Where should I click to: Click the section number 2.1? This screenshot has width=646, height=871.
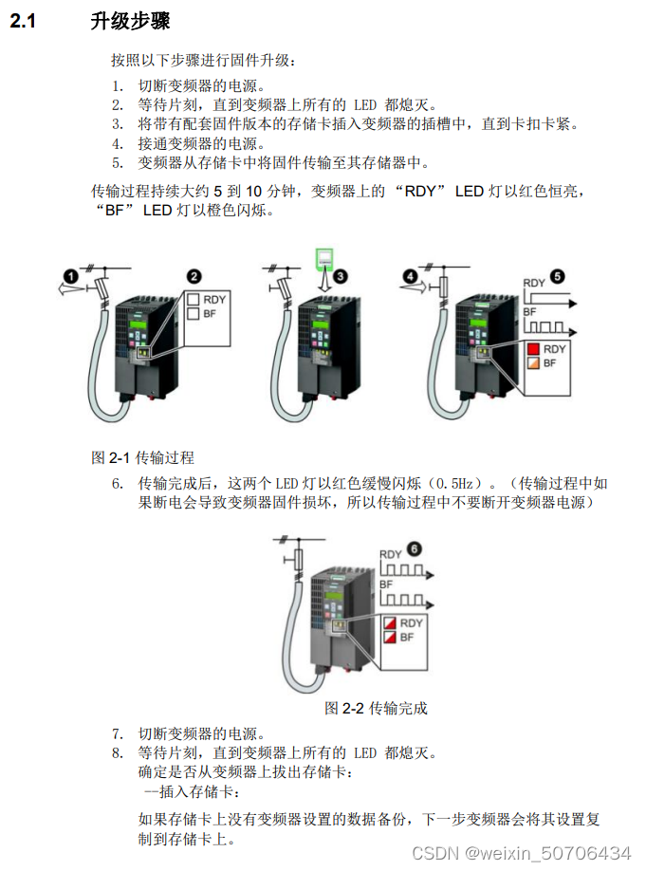(23, 21)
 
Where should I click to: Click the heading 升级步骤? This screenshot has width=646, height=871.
(131, 21)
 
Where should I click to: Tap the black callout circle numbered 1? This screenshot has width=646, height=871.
(70, 275)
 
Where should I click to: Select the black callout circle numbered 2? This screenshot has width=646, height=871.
(193, 276)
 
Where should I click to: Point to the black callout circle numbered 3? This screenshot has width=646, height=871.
(341, 275)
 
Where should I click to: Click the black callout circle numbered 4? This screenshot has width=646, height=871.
(409, 275)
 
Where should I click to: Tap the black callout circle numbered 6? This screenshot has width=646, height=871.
(414, 548)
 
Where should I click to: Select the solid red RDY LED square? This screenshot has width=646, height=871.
(533, 349)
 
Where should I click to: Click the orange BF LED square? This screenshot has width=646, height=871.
(533, 363)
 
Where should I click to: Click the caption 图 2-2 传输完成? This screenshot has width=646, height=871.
(376, 708)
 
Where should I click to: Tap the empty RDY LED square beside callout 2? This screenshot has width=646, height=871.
(193, 299)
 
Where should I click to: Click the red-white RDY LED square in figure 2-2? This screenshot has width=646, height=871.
(389, 623)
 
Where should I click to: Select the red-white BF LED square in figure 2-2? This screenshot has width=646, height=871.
(389, 639)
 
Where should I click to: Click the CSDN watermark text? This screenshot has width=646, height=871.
(522, 852)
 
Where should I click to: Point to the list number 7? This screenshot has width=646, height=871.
(118, 733)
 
